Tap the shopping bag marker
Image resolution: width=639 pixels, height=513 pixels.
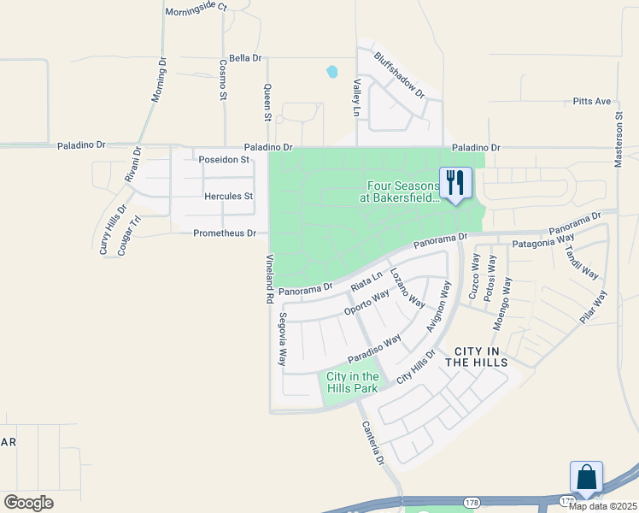coord(586,477)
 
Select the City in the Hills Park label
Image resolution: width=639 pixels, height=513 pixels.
coord(353,382)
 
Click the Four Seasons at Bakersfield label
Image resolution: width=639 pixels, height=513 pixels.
coord(403,192)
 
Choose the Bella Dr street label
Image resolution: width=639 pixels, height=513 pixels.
coord(244,58)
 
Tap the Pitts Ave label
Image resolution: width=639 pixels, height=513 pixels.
coord(592,102)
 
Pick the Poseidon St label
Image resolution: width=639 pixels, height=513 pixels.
coord(223,160)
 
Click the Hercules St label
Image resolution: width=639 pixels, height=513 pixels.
coord(229,197)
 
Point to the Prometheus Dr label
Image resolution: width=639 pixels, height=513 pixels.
coord(225,233)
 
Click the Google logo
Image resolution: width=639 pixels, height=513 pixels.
coord(28,502)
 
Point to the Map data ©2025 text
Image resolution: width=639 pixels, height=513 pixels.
coord(603,506)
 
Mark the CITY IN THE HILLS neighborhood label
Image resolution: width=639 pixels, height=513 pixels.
coord(481,357)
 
